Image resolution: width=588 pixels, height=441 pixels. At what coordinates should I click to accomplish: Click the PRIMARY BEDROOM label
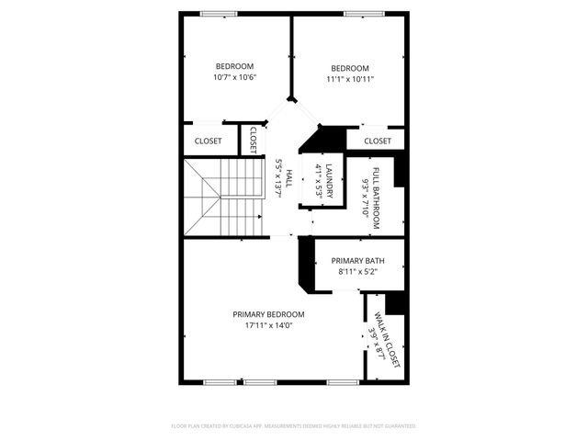coord(268,314)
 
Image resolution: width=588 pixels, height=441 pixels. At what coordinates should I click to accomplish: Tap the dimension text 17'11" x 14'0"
coord(268,325)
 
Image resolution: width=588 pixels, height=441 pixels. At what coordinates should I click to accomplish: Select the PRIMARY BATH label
coord(357,261)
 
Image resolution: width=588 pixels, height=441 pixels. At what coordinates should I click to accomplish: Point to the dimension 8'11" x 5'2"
coord(357,272)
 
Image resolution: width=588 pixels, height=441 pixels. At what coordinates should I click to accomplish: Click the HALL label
coord(288,179)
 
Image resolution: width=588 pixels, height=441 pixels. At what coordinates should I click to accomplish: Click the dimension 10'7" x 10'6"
coord(234,77)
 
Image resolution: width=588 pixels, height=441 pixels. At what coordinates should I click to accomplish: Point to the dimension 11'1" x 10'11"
coord(350,79)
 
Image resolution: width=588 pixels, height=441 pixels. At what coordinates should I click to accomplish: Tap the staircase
coord(222,198)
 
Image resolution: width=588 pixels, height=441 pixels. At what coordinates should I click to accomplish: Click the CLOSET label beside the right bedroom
coord(377,141)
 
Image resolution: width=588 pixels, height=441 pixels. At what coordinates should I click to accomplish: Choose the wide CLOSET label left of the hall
coord(209,141)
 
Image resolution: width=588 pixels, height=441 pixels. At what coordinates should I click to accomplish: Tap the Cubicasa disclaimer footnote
coord(294,426)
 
